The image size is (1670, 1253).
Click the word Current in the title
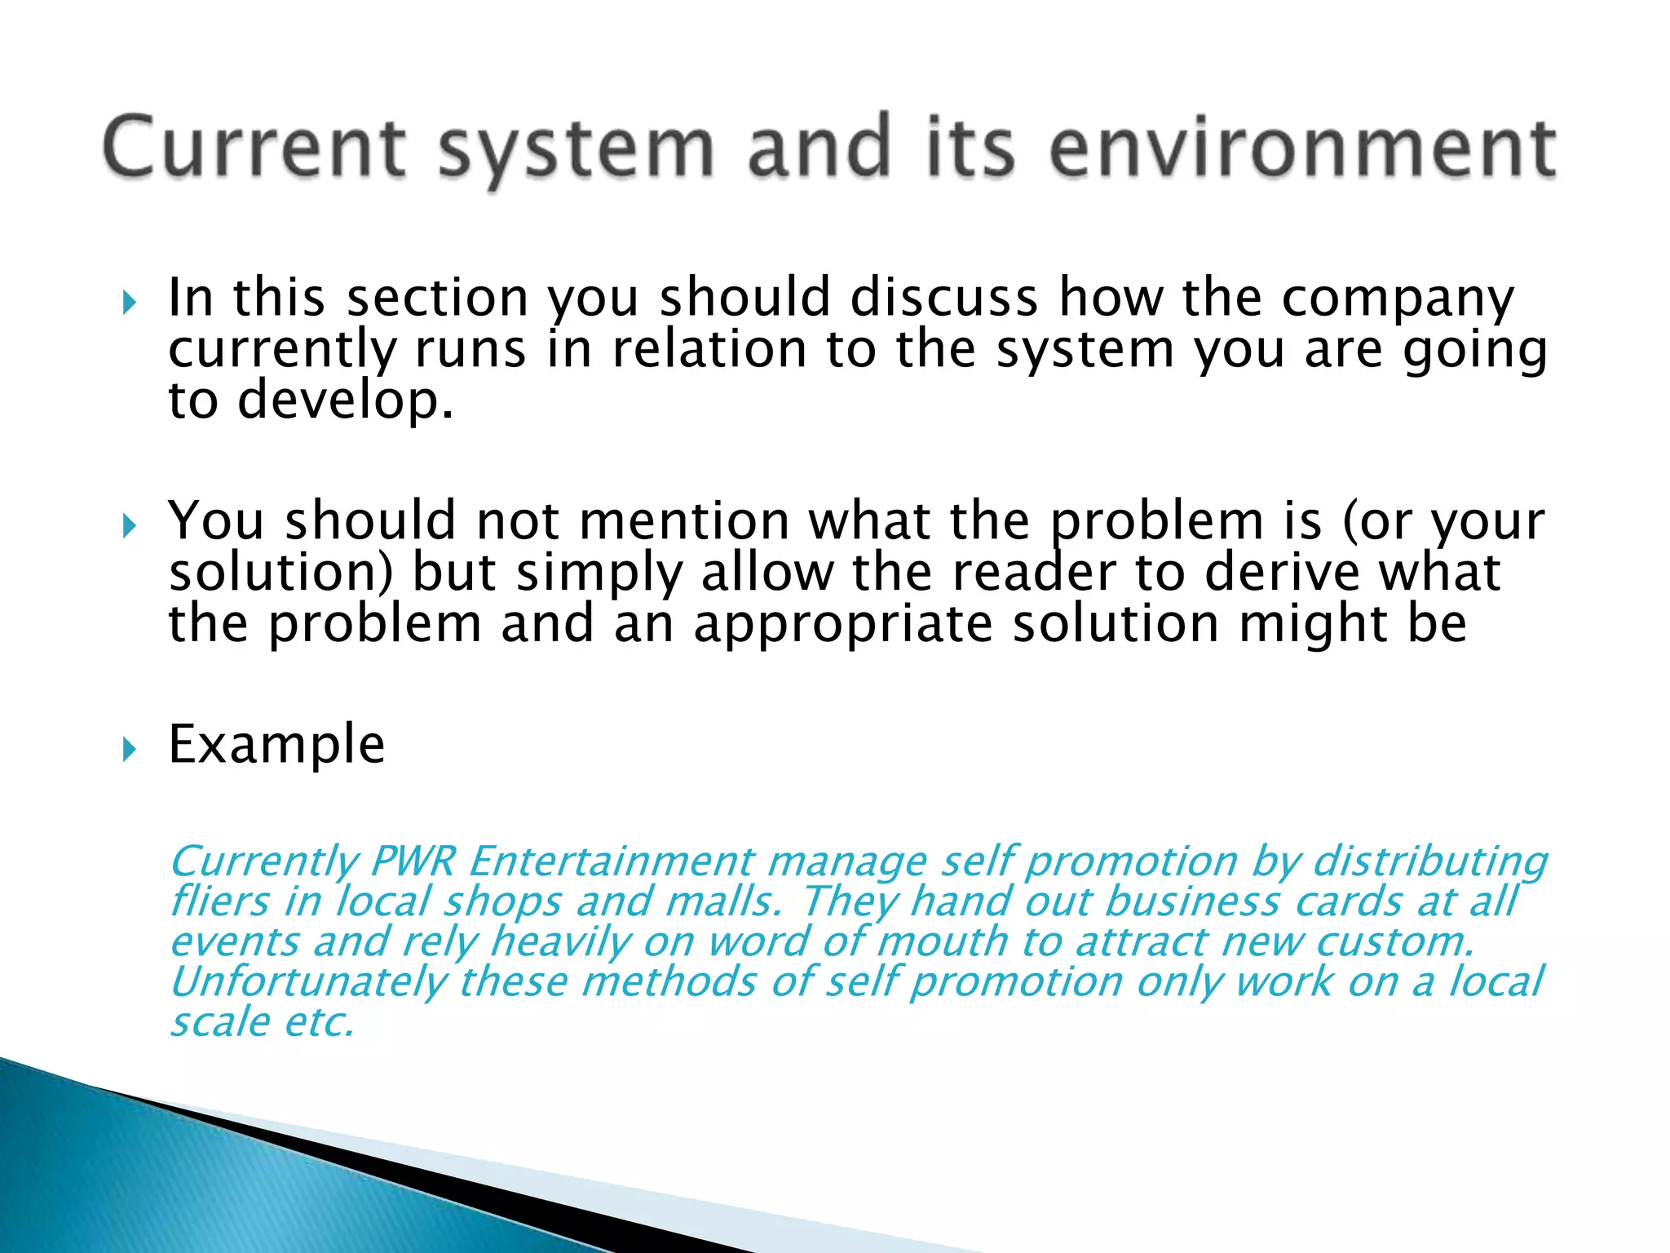(x=254, y=147)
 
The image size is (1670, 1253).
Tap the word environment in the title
(x=1303, y=147)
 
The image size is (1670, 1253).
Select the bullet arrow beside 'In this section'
(x=129, y=303)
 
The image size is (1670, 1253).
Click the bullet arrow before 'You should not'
(x=129, y=526)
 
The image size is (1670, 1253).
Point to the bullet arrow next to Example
(x=129, y=749)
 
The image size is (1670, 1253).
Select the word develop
(x=346, y=401)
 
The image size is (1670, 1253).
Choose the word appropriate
(x=843, y=625)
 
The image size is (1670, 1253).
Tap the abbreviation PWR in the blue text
(x=413, y=861)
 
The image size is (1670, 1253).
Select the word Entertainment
(x=612, y=861)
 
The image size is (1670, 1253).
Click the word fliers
(x=219, y=901)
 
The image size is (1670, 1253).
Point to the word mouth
(x=943, y=941)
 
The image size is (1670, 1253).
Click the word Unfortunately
(x=309, y=981)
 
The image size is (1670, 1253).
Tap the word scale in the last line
(x=219, y=1021)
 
